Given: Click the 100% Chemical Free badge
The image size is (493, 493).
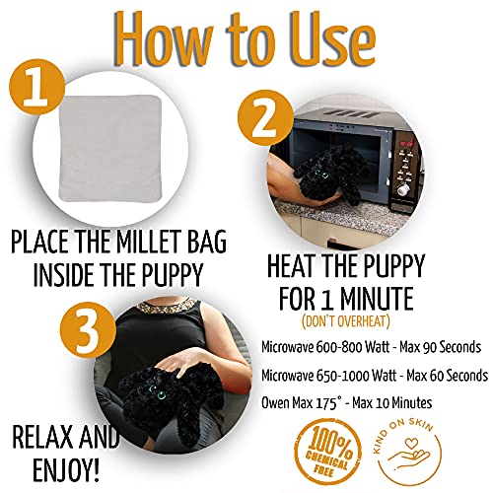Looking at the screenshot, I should pos(322,451).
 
